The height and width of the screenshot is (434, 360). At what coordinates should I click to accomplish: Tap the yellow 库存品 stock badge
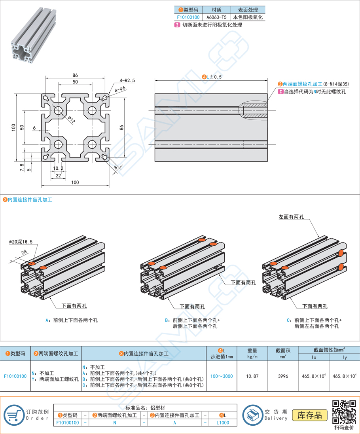coord(310,415)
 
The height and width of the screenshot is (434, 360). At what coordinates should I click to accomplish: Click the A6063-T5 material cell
coord(216,17)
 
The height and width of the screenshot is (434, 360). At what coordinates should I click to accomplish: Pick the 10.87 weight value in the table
coord(252,376)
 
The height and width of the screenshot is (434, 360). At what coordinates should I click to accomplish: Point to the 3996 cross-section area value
coord(283,376)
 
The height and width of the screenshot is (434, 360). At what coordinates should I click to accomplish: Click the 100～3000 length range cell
coord(222,376)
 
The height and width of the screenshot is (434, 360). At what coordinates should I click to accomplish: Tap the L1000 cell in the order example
coord(223,423)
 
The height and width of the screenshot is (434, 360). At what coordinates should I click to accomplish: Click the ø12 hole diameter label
coord(72,119)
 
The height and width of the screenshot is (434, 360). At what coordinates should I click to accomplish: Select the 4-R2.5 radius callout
coord(127,80)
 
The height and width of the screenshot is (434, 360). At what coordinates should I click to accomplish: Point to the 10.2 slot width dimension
coord(58,168)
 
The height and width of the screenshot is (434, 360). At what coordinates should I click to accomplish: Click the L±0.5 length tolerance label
coord(212,77)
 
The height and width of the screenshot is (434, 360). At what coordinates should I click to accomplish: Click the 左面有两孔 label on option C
coord(291,217)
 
